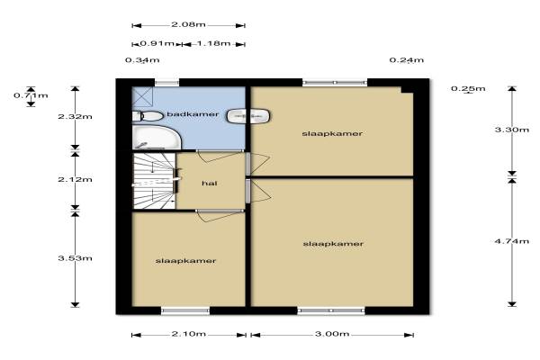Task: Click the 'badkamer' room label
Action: click(193, 114)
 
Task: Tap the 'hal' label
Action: click(210, 184)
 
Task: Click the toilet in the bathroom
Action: click(148, 116)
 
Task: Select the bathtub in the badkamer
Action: click(157, 138)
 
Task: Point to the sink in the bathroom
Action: click(248, 116)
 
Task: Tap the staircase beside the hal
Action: click(154, 181)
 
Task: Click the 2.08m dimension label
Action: click(188, 25)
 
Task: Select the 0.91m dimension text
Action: click(157, 44)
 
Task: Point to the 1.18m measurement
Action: click(213, 44)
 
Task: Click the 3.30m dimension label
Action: click(512, 130)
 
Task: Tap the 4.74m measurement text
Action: click(512, 241)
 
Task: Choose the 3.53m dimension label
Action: click(75, 258)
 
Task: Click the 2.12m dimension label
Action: click(75, 179)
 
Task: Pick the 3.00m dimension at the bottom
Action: click(332, 334)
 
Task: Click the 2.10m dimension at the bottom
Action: click(189, 334)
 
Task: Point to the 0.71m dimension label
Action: click(31, 95)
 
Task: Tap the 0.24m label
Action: click(407, 60)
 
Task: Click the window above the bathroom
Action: click(167, 83)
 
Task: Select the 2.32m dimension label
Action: click(75, 116)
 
